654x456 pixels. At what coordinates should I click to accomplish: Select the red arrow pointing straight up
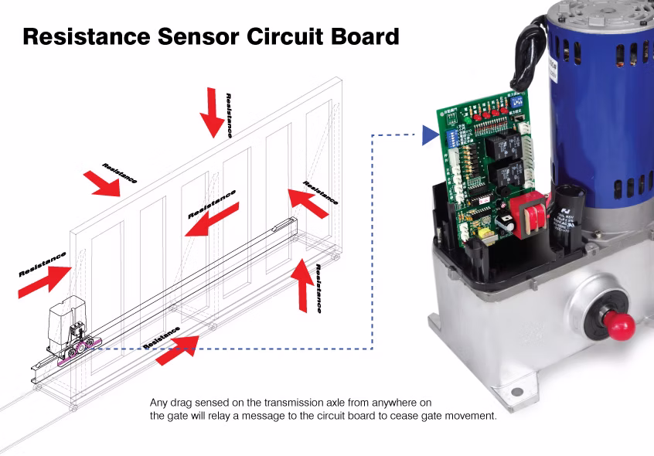click(x=303, y=284)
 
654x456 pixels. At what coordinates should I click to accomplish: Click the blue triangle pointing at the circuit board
click(x=430, y=137)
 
